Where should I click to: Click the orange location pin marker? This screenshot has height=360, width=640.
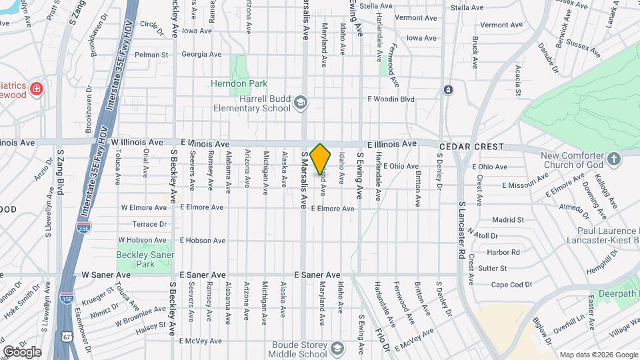tap(321, 159)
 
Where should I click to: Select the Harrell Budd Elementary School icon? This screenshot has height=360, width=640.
tap(301, 102)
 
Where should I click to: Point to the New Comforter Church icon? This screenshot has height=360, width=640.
tap(614, 159)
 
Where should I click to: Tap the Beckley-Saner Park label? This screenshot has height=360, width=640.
tap(145, 259)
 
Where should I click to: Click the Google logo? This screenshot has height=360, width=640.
tap(22, 351)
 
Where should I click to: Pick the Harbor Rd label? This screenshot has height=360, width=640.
tap(503, 252)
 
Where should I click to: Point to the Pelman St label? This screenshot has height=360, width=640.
tap(150, 55)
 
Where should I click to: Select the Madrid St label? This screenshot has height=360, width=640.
tap(508, 219)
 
